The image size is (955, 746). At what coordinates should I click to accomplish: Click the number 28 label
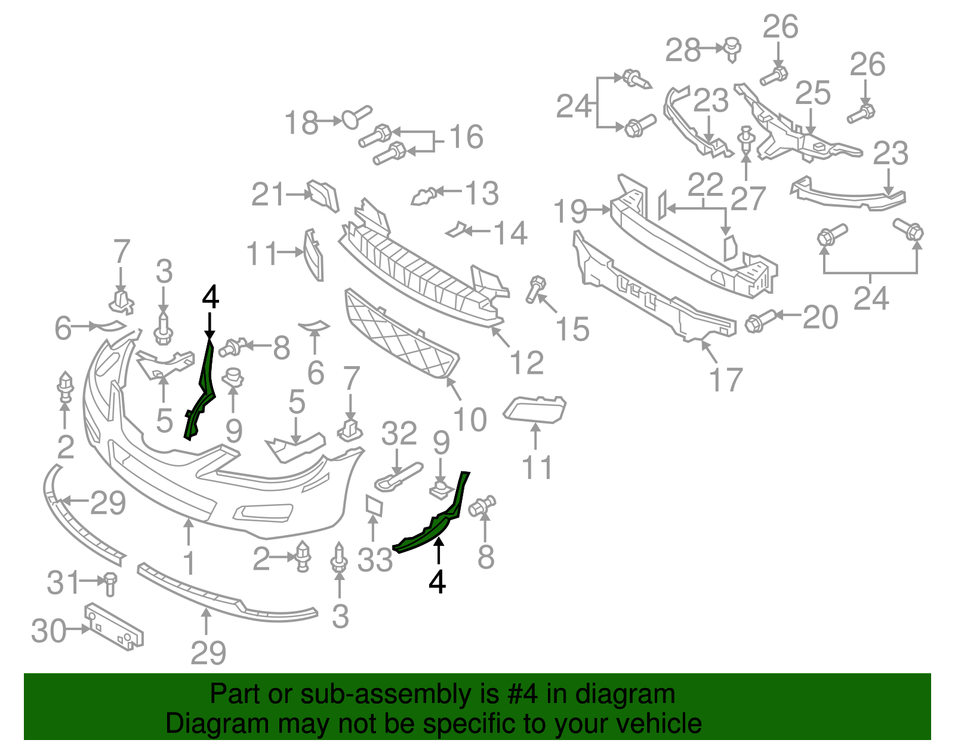683,50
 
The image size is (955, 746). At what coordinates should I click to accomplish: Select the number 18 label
301,123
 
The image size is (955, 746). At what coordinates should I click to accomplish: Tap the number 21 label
268,195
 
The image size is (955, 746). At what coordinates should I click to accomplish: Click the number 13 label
482,193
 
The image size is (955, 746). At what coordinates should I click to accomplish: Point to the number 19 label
571,211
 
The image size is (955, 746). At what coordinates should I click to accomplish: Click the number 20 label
820,317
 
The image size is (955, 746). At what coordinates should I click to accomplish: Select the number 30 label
48,631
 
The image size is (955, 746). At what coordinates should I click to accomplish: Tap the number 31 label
63,582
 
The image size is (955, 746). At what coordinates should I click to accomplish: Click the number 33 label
375,560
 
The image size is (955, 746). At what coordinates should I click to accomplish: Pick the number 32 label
399,433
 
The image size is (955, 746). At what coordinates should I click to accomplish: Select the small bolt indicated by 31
110,583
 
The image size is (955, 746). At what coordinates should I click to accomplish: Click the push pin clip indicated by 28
732,49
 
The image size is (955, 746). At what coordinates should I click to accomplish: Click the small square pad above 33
374,505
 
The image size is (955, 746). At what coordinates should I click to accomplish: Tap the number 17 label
726,380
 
